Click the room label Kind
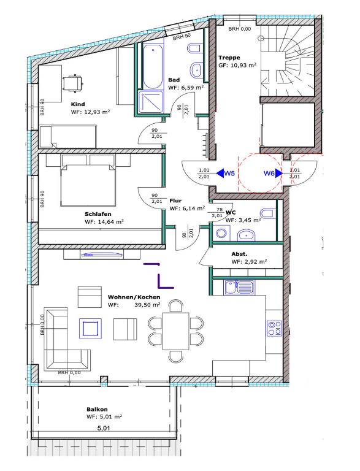point(78,104)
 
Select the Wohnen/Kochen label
point(134,297)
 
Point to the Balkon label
point(97,409)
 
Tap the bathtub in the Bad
point(153,66)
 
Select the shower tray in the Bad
point(151,102)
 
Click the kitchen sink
point(239,287)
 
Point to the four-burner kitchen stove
point(275,328)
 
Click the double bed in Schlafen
point(88,183)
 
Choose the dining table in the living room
point(176,331)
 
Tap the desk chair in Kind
point(72,82)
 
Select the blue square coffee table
point(90,329)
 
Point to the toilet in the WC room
point(267,213)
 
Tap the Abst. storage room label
point(239,254)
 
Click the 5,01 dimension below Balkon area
point(104,427)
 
